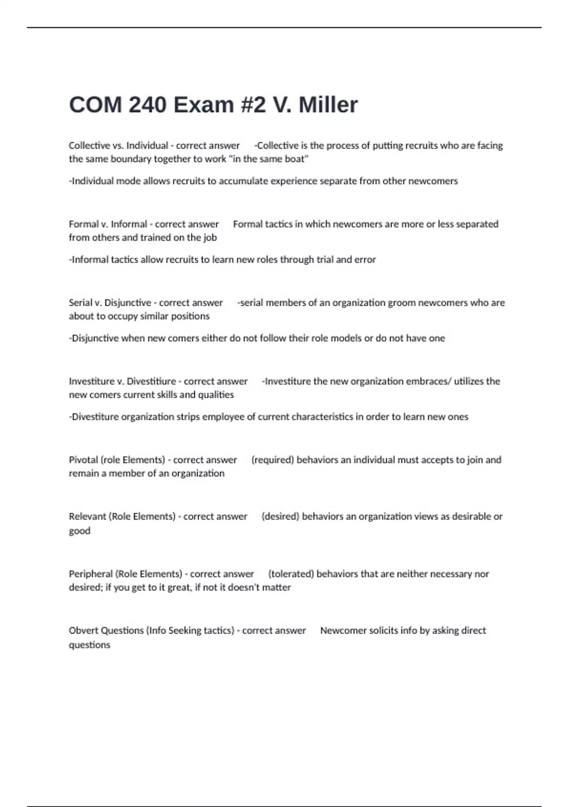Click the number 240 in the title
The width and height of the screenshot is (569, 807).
coord(147,105)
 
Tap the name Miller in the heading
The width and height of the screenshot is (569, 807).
coord(328,105)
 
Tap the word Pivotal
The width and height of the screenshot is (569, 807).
coord(83,460)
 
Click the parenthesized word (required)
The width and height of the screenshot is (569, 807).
coord(273,460)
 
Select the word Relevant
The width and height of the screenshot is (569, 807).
coord(87,516)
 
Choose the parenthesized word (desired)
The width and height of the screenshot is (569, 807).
coord(280,516)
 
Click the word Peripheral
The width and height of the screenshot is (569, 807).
coord(91,574)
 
